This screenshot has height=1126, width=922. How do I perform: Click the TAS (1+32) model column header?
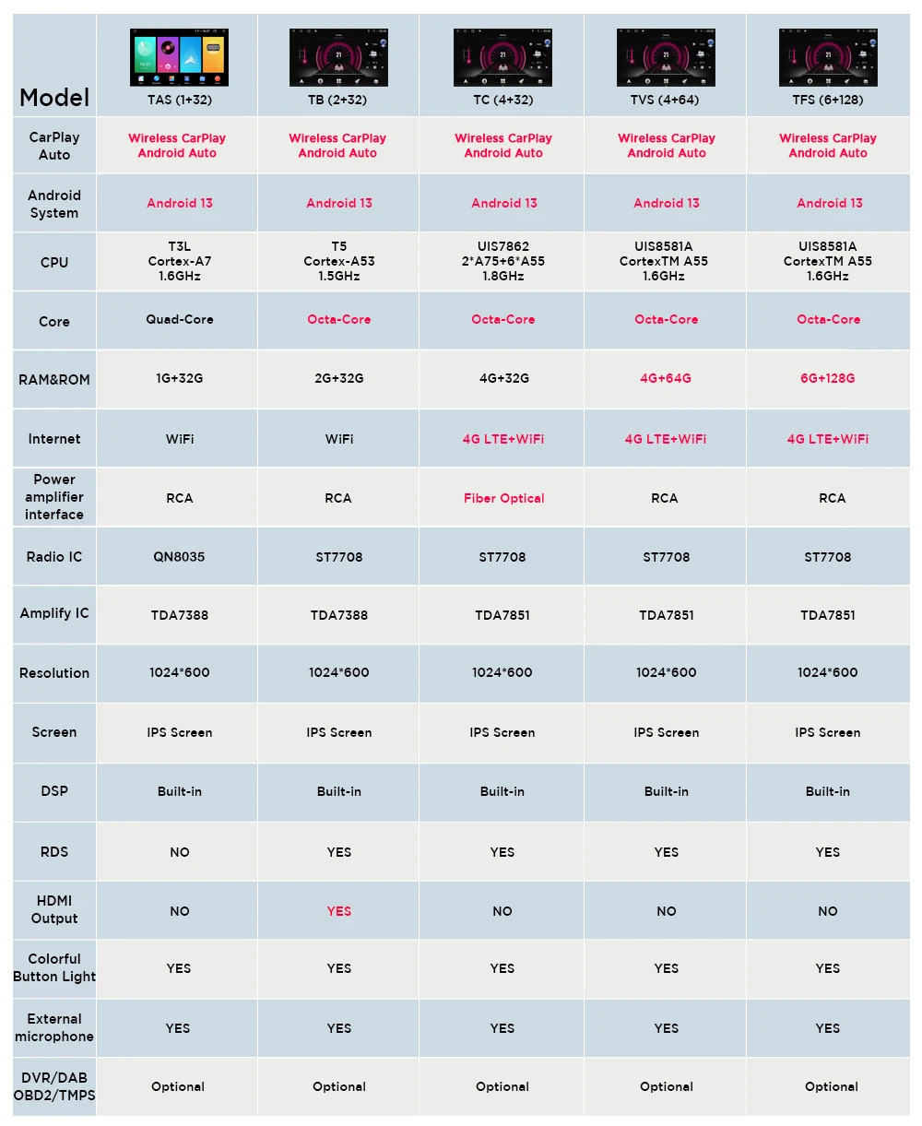(x=179, y=100)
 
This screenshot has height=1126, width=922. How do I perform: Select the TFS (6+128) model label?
(x=828, y=100)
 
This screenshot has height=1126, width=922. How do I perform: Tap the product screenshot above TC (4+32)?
(x=502, y=57)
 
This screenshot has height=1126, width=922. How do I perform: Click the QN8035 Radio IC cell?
(x=179, y=557)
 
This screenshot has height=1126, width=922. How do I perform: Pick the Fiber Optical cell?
(x=503, y=498)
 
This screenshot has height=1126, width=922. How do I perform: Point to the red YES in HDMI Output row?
(x=339, y=911)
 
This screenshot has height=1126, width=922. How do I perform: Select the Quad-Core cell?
(x=179, y=319)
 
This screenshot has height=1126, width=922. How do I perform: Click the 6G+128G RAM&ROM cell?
(x=828, y=378)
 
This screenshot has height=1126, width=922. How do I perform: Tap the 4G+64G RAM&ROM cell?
(x=666, y=378)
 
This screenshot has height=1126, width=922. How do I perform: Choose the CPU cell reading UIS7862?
(x=502, y=261)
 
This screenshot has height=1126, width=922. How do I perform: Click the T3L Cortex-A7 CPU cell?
(x=179, y=261)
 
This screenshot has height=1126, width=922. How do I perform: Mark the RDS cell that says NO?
(x=179, y=852)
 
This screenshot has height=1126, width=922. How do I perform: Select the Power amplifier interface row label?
(x=54, y=497)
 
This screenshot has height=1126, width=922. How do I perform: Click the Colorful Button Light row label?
(x=54, y=967)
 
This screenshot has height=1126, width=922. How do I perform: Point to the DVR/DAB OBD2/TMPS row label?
(x=54, y=1086)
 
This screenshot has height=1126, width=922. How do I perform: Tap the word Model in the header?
(x=54, y=98)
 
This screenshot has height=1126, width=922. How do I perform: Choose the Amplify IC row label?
(x=54, y=613)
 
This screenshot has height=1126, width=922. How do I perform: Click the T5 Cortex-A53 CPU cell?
(x=339, y=261)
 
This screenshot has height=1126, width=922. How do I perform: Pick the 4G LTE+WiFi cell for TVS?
(x=666, y=439)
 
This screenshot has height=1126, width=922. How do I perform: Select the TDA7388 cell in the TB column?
(x=339, y=615)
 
